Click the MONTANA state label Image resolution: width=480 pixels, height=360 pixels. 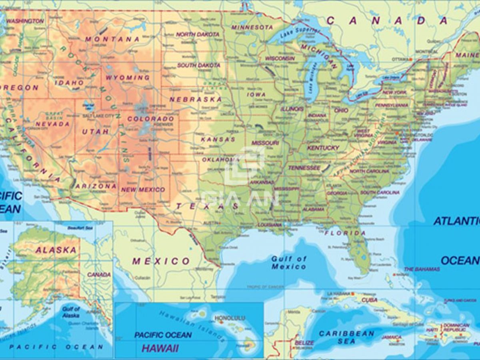112,39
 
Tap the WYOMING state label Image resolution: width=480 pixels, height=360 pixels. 128,77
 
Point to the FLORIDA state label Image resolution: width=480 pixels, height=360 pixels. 345,233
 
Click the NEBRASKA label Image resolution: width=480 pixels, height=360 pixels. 196,99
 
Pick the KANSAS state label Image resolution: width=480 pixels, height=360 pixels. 218,140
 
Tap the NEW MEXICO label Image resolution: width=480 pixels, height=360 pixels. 143,189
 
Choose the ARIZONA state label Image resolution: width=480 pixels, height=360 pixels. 96,186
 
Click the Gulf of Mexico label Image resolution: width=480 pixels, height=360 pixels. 289,262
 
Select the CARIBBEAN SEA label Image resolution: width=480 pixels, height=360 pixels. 346,337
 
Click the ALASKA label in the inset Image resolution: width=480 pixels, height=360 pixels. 56,250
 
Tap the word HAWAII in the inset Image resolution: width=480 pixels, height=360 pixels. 160,348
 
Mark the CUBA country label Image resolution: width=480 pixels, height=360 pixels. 369,300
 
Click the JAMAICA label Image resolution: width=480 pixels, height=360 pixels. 391,337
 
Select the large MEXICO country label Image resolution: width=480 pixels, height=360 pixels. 161,261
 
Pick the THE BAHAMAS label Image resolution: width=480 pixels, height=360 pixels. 422,269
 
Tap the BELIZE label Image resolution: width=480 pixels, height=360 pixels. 304,343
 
